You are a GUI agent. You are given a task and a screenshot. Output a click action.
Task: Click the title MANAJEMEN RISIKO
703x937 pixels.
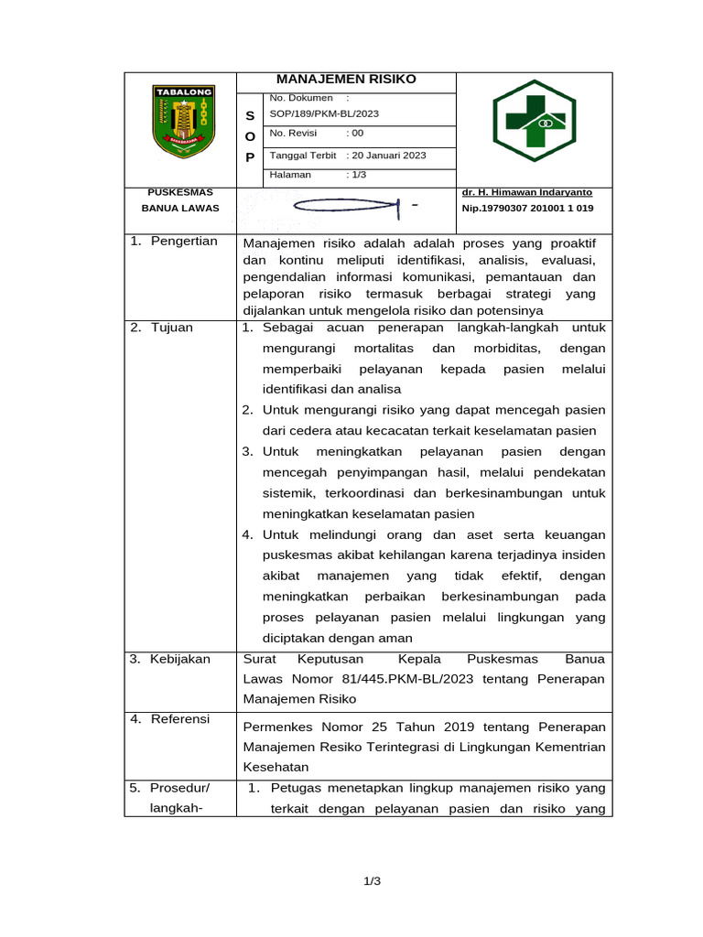(x=346, y=80)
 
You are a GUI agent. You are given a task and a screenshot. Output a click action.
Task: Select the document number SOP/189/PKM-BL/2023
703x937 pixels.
(x=324, y=113)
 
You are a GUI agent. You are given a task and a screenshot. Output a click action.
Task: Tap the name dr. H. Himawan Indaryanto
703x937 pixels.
(x=527, y=192)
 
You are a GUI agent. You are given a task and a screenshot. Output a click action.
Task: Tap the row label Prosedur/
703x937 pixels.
(x=180, y=788)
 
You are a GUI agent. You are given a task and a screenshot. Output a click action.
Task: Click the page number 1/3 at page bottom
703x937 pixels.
(x=372, y=881)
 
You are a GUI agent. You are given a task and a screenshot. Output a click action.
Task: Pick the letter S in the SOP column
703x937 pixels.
(x=251, y=116)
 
